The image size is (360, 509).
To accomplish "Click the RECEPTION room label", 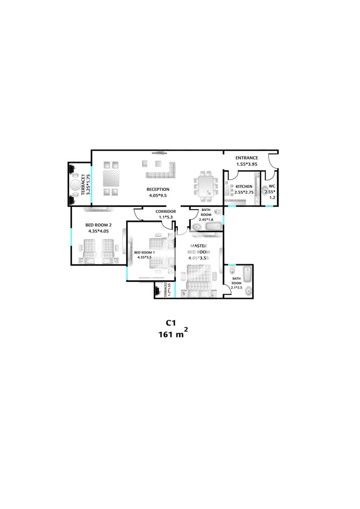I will (157, 189).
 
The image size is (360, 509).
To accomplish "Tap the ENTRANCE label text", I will (247, 158).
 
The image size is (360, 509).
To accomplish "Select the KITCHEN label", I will (243, 186).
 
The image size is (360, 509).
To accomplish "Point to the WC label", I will (272, 186).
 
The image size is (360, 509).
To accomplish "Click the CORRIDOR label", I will (166, 212).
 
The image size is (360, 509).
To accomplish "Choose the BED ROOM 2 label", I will (98, 225).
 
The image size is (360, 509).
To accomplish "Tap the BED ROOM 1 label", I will (144, 252).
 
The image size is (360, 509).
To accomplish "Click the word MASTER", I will (198, 245).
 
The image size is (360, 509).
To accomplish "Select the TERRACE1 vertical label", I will (84, 185).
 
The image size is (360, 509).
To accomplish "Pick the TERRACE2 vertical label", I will (166, 288).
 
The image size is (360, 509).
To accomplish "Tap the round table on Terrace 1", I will (75, 185).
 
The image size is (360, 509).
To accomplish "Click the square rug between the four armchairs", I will (111, 179).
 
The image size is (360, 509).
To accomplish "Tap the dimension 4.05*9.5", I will (157, 196).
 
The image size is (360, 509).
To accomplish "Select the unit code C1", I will (170, 323).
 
